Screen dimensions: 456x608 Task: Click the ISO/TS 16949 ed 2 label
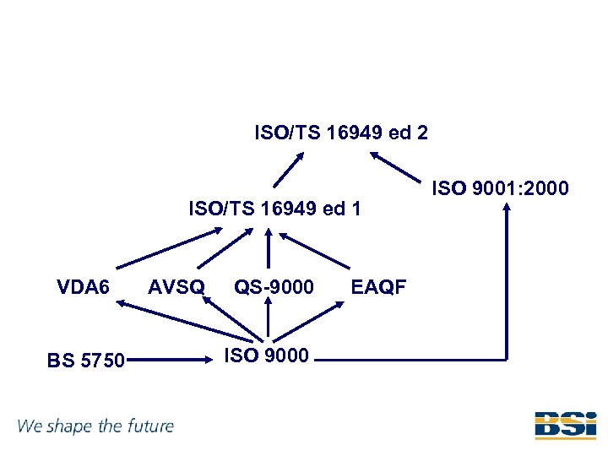pyautogui.click(x=341, y=133)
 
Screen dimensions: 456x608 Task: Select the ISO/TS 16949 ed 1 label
pyautogui.click(x=274, y=208)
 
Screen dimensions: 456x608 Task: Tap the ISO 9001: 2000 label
pyautogui.click(x=501, y=187)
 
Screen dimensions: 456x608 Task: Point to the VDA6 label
pyautogui.click(x=83, y=287)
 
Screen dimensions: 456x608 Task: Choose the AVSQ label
pyautogui.click(x=176, y=287)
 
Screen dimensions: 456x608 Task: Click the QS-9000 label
pyautogui.click(x=274, y=287)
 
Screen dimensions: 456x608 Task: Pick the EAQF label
pyautogui.click(x=378, y=287)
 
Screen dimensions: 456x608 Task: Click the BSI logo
pyautogui.click(x=565, y=426)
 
